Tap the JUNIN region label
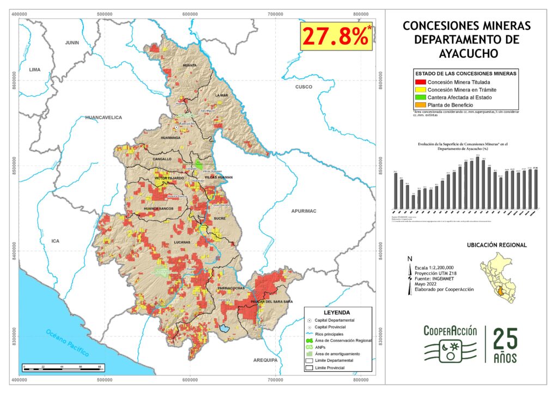click(72, 42)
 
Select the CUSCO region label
click(303, 87)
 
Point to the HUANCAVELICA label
click(104, 118)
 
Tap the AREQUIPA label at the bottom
click(265, 360)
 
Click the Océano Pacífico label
click(68, 343)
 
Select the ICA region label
click(54, 240)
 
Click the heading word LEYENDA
click(338, 313)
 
